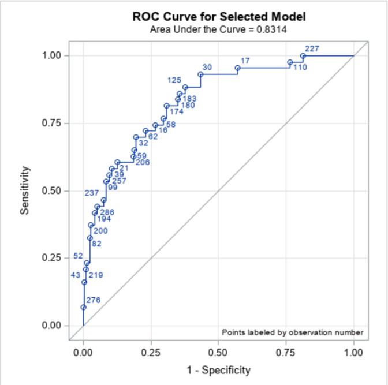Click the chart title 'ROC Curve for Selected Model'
[219, 16]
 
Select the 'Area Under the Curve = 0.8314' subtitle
[219, 29]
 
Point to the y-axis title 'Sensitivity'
[25, 190]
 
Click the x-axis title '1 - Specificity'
[219, 370]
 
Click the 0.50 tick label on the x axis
[219, 352]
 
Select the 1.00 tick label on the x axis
[353, 352]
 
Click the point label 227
[312, 49]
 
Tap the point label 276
[93, 300]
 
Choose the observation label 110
[300, 68]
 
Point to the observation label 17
[245, 61]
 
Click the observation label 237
[91, 193]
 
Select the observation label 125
[174, 80]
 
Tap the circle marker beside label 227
[303, 56]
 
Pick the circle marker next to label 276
[83, 307]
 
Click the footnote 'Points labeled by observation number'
[293, 332]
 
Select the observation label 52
[78, 256]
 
